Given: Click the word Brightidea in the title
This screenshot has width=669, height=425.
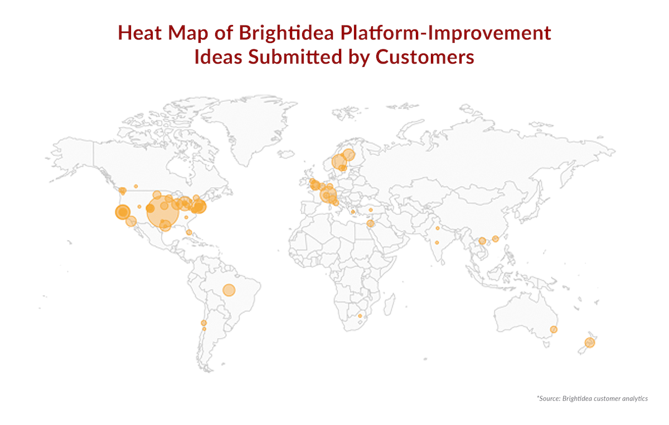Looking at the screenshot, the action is coord(286,32).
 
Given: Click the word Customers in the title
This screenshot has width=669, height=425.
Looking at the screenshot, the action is coord(425,57).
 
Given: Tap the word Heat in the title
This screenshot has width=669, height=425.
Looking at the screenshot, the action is coord(140,32).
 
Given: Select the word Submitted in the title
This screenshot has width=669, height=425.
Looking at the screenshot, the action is coord(295,56).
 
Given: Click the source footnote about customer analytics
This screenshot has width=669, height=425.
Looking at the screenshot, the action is coord(592,398).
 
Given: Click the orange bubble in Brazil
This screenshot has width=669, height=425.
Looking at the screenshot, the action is coord(229,290).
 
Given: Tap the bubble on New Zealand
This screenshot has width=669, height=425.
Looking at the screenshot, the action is coord(590,343).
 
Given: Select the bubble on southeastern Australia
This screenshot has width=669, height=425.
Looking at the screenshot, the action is coord(554,329).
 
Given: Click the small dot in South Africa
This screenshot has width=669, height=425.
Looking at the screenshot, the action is coord(360,316).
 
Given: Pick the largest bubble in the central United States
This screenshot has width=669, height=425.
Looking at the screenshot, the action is coord(163,211).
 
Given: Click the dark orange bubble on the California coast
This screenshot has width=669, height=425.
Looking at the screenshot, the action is coord(123,212).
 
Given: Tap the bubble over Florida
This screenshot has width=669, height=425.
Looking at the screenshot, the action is coord(189,232).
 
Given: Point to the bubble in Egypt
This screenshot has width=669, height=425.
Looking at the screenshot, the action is coord(370,223).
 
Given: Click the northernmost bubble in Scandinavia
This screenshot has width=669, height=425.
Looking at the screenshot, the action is coord(348,155).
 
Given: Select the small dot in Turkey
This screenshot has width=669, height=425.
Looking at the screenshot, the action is coord(371,210).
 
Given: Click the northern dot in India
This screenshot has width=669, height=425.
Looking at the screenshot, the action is coord(438,228).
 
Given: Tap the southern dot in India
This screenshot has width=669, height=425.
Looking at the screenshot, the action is coord(437,243).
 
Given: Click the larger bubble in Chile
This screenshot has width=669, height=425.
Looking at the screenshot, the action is coord(203,323).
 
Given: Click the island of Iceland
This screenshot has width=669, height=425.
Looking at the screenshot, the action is coord(286,154).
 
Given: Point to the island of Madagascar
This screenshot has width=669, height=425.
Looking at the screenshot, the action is coord(390,305).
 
